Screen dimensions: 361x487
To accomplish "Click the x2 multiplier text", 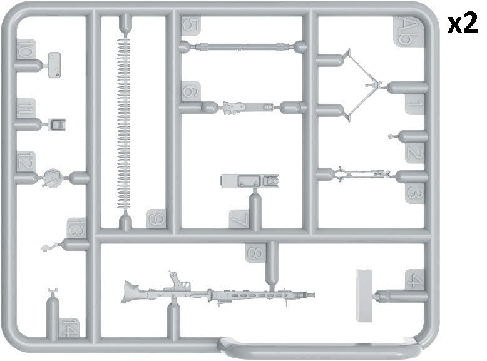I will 463,24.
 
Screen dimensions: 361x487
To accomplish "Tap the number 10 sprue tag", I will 25,48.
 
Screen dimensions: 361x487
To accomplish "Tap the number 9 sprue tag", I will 155,219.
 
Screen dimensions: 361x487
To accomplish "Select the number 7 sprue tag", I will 239,219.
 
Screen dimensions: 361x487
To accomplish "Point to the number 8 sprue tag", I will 254,253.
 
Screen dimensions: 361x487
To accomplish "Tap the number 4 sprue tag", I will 414,280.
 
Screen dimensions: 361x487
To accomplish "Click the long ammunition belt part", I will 123,125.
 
